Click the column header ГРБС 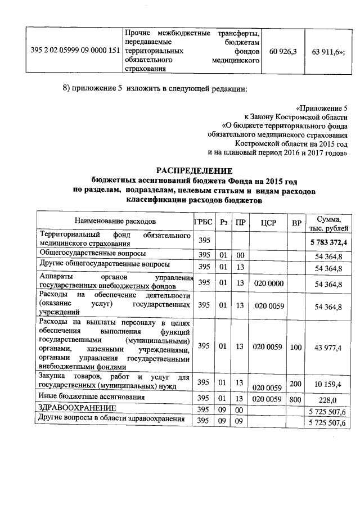pos(204,222)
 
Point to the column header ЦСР pos(267,223)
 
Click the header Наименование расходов pos(115,222)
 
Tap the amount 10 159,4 pos(329,384)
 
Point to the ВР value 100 pos(296,348)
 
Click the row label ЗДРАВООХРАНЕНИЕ pos(76,408)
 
